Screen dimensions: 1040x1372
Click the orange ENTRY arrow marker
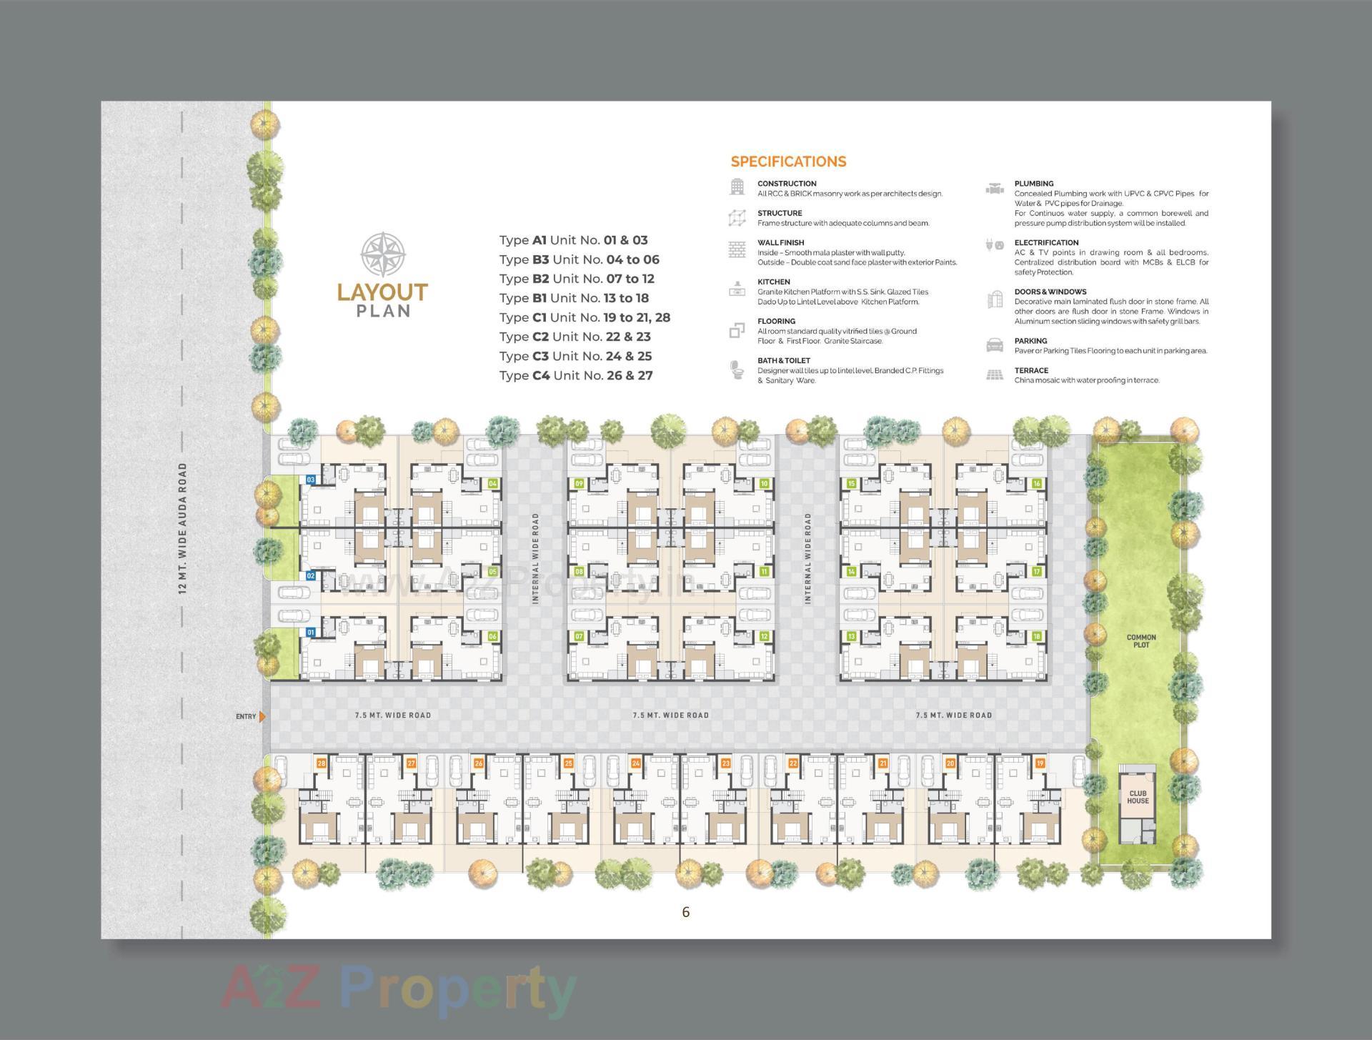pyautogui.click(x=263, y=716)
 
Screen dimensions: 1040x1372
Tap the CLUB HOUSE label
pyautogui.click(x=1138, y=797)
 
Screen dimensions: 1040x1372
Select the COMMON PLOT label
pyautogui.click(x=1141, y=640)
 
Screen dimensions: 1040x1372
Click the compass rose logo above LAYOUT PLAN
pyautogui.click(x=383, y=254)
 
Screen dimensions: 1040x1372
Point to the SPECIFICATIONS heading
pyautogui.click(x=788, y=162)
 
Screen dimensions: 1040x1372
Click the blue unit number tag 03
pyautogui.click(x=311, y=480)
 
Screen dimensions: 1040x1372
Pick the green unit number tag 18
pyautogui.click(x=1036, y=636)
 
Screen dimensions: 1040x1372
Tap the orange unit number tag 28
pyautogui.click(x=322, y=763)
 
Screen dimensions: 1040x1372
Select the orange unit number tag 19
pyautogui.click(x=1040, y=763)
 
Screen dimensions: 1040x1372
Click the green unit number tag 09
pyautogui.click(x=579, y=484)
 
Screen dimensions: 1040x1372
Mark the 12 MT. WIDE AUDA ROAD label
pyautogui.click(x=183, y=528)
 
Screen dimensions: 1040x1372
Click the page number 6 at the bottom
pyautogui.click(x=686, y=912)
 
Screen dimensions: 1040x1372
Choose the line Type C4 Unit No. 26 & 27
pyautogui.click(x=576, y=375)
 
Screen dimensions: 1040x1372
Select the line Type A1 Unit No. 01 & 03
pyautogui.click(x=573, y=240)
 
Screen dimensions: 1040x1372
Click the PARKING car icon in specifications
pyautogui.click(x=994, y=345)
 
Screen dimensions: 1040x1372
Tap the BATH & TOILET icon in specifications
pyautogui.click(x=737, y=370)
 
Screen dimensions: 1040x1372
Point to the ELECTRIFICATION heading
pyautogui.click(x=1046, y=243)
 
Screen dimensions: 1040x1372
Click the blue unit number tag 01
pyautogui.click(x=311, y=633)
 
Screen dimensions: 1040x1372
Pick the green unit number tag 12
pyautogui.click(x=764, y=636)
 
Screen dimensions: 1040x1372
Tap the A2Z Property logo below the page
pyautogui.click(x=399, y=990)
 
